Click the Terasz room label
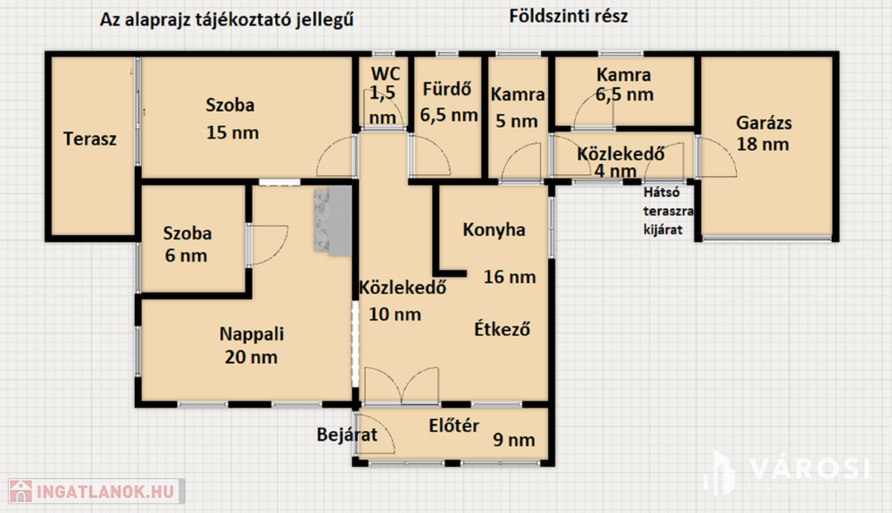point(90,138)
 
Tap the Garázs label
point(763,123)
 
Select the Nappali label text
point(252,334)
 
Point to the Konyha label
point(494,229)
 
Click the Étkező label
point(503,328)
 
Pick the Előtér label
point(454,425)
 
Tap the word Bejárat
point(347,435)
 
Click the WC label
point(386,74)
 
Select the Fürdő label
point(447,89)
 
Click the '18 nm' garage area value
point(763,145)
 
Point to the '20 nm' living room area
point(251,357)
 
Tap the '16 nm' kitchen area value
point(510,277)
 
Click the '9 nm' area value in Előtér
point(514,440)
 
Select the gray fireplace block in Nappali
point(334,220)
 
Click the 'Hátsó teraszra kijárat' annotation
point(668,211)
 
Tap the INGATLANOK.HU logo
point(97,491)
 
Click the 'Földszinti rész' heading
point(568,16)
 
